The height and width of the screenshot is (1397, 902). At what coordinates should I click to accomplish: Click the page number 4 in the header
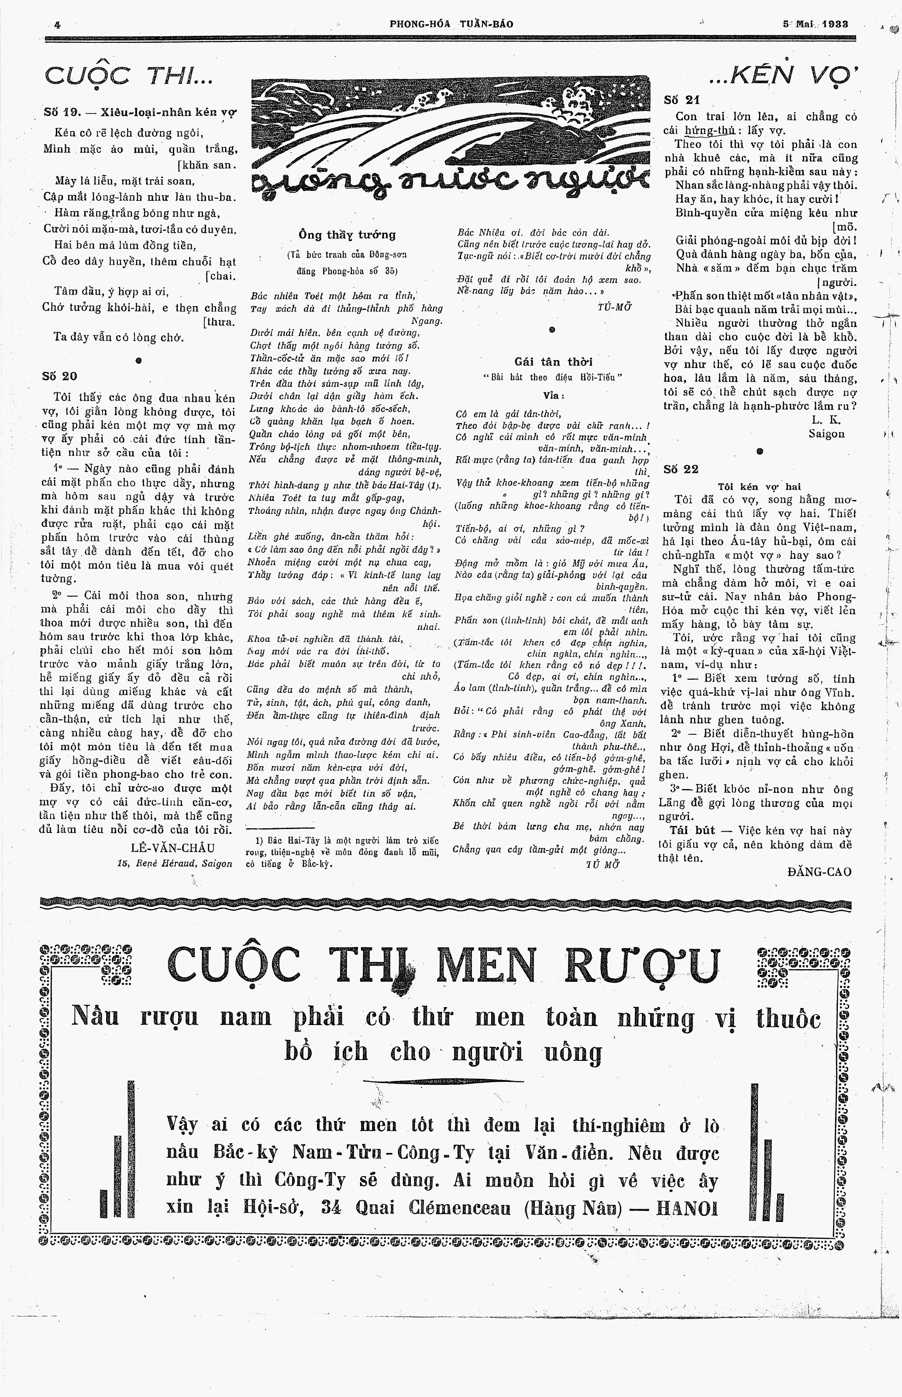(57, 24)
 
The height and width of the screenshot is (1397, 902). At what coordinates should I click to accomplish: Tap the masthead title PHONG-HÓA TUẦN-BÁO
(451, 24)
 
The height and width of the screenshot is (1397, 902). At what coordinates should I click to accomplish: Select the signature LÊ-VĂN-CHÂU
(173, 848)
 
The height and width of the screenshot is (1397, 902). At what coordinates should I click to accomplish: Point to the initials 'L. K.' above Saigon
(826, 420)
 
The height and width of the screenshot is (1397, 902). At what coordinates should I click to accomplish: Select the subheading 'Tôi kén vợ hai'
(760, 486)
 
